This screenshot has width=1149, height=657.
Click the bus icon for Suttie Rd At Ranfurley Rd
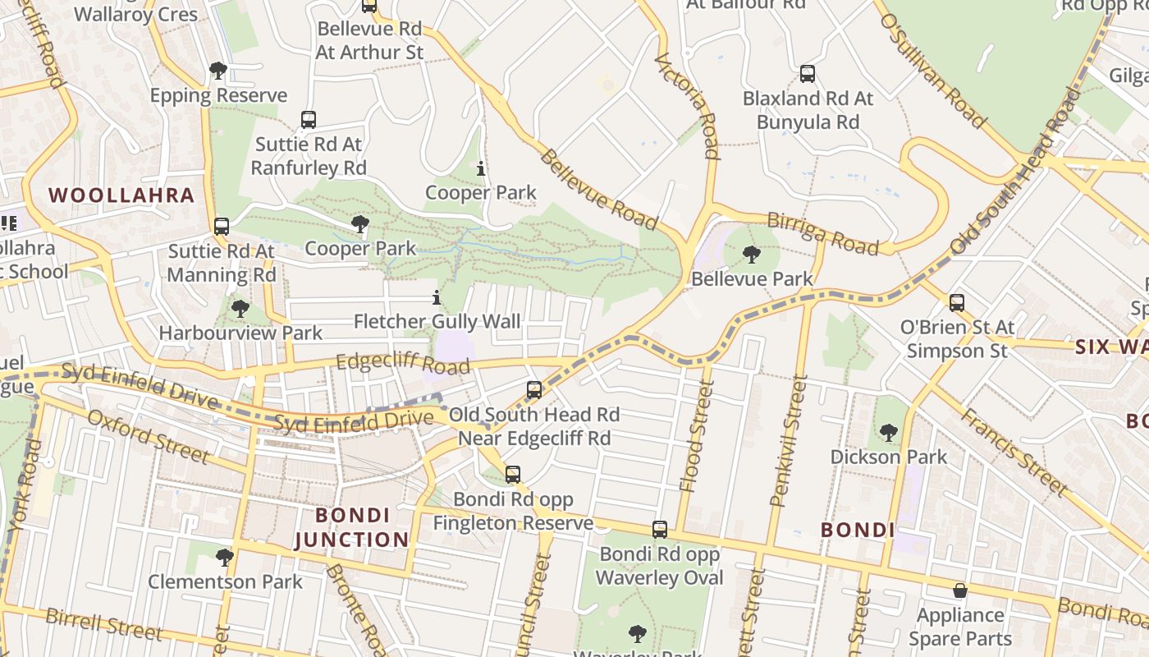309,120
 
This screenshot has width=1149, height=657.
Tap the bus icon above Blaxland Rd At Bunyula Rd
808,74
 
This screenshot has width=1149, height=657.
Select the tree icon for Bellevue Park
751,255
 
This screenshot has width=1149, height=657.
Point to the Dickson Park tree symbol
888,432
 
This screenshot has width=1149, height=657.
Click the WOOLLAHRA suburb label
121,195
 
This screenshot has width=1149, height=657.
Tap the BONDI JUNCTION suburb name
351,527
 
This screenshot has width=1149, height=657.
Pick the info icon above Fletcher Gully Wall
437,297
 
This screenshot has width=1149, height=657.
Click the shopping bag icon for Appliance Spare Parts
959,590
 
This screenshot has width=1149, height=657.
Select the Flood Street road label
694,440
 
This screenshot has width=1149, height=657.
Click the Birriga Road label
822,233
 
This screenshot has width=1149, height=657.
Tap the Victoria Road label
688,105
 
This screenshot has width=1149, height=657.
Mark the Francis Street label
1015,452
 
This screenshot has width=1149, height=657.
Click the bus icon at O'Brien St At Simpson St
956,302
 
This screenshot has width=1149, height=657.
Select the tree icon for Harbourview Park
240,309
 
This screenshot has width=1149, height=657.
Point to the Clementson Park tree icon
224,558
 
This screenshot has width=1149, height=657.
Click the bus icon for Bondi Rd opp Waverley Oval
660,530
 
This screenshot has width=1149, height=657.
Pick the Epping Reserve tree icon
218,71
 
